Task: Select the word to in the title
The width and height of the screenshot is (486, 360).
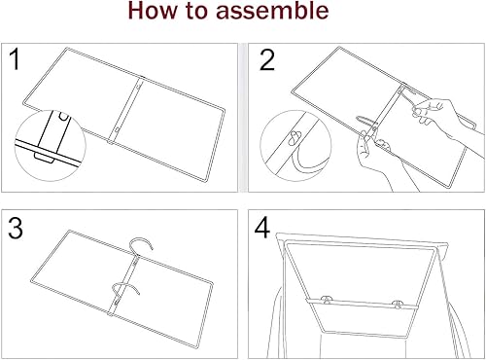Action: [206, 14]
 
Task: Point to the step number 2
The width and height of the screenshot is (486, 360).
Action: [266, 61]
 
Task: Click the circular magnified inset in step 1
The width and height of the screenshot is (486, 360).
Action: [47, 141]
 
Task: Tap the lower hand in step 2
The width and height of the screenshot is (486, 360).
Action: [374, 161]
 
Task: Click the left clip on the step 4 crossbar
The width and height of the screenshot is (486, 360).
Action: [327, 303]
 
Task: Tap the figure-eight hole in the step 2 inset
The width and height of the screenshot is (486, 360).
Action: [294, 134]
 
